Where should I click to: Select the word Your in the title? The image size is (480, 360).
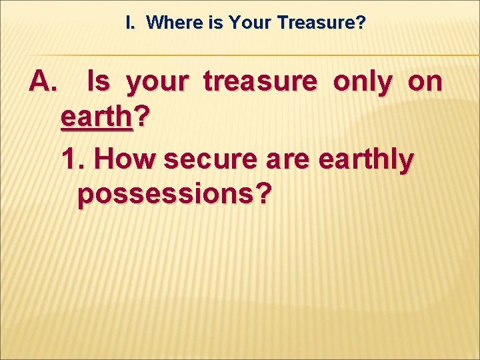click(x=251, y=23)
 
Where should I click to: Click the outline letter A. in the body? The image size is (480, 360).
click(x=44, y=82)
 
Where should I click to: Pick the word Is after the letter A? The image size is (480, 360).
click(x=99, y=82)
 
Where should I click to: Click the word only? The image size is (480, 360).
click(x=363, y=82)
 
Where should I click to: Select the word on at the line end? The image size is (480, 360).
click(x=425, y=83)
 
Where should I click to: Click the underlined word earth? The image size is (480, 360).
click(x=97, y=119)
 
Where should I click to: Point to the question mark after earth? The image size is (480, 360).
click(x=142, y=119)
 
